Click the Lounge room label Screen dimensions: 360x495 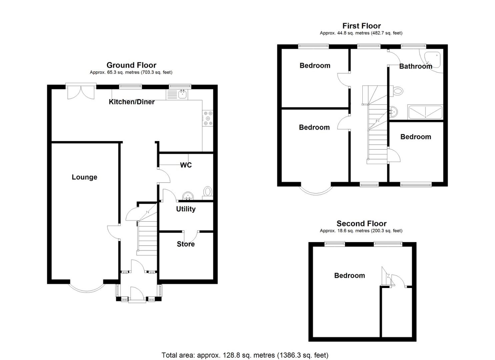[84, 177]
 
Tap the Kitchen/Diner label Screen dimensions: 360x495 [132, 102]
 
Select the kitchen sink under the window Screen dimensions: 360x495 [182, 94]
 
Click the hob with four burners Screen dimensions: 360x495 [208, 118]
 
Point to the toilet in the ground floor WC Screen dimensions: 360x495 [208, 192]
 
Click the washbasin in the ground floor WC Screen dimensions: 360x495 [188, 196]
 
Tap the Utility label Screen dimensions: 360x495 [186, 209]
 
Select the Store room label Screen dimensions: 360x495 [186, 244]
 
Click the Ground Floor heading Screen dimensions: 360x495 [131, 65]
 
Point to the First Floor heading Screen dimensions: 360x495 [361, 26]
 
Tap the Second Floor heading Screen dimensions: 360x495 [361, 223]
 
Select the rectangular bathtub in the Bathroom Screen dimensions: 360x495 [425, 112]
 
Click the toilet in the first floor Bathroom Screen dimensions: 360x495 [397, 91]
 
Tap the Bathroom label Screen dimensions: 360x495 [415, 66]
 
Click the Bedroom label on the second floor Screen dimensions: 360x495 [349, 275]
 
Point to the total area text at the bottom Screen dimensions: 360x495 [245, 355]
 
